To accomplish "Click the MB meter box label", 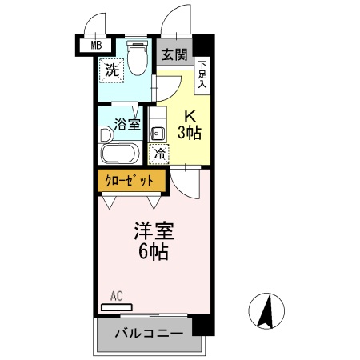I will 95,45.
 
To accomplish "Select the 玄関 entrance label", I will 174,54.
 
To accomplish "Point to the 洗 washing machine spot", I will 114,70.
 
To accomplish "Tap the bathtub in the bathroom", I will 120,153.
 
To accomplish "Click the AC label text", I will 117,295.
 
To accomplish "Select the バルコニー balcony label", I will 149,333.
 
